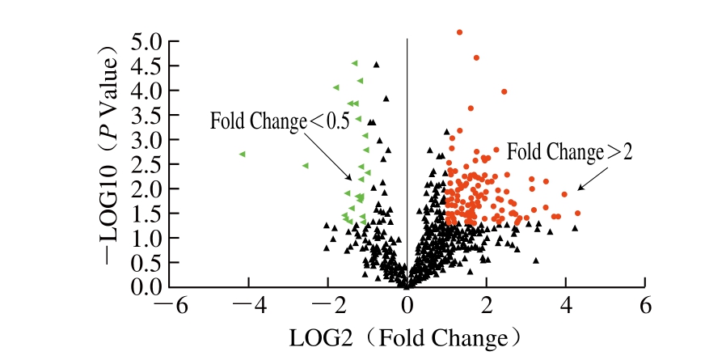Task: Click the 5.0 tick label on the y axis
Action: point(146,41)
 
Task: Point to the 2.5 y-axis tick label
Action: point(146,164)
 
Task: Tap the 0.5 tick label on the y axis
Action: point(146,263)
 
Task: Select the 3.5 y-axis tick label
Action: point(146,115)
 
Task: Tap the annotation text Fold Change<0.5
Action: point(280,122)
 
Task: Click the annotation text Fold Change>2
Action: point(569,150)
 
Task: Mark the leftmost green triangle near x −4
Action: point(242,154)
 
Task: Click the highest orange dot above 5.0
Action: point(460,32)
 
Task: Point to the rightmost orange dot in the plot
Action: point(577,214)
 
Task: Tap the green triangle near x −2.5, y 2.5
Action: point(306,166)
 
